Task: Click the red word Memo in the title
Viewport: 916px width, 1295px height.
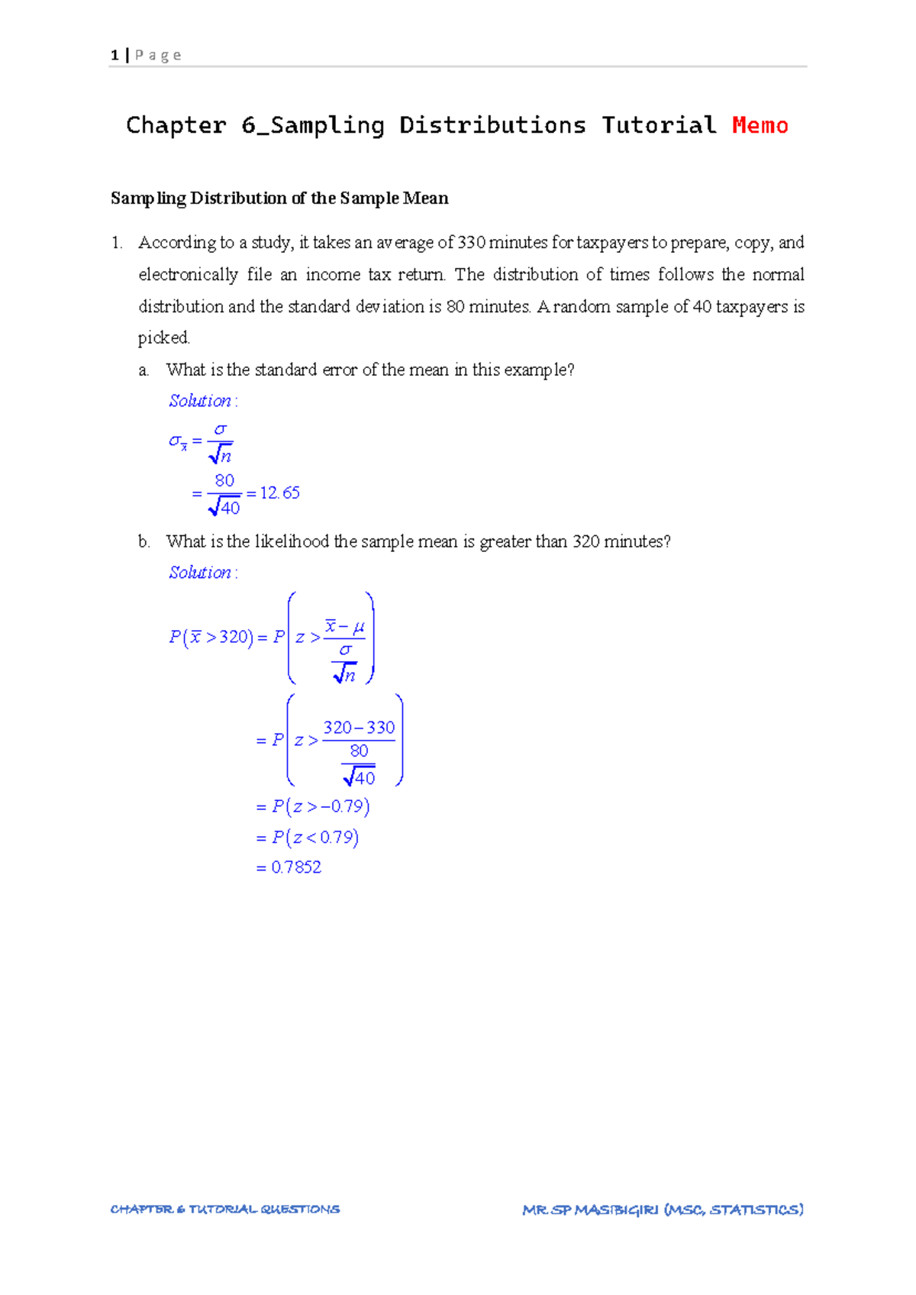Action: pyautogui.click(x=760, y=125)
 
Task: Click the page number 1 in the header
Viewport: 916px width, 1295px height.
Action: pyautogui.click(x=114, y=55)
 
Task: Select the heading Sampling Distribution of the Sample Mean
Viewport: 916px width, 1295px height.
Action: pyautogui.click(x=279, y=199)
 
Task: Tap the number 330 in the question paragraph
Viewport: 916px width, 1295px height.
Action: pyautogui.click(x=471, y=243)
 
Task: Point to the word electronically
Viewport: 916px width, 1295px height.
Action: pyautogui.click(x=188, y=275)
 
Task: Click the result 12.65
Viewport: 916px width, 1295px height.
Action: pyautogui.click(x=280, y=493)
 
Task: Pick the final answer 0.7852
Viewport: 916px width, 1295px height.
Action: pyautogui.click(x=296, y=867)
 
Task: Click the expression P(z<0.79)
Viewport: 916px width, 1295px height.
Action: pyautogui.click(x=315, y=838)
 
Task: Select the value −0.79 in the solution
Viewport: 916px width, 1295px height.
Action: pyautogui.click(x=343, y=807)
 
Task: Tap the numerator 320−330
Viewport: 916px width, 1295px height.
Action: pyautogui.click(x=359, y=728)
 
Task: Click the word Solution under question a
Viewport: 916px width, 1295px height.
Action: pyautogui.click(x=200, y=401)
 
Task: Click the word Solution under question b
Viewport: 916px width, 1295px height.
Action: pyautogui.click(x=200, y=573)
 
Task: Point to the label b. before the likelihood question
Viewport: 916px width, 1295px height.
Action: pyautogui.click(x=144, y=542)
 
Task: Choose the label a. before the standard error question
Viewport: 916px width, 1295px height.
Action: pyautogui.click(x=144, y=370)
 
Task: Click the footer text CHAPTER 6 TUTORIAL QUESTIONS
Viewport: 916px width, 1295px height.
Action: pyautogui.click(x=225, y=1209)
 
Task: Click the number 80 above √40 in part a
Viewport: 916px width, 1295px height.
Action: pyautogui.click(x=224, y=481)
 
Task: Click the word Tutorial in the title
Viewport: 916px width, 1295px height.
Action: pyautogui.click(x=659, y=125)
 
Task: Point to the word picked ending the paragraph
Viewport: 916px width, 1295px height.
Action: pyautogui.click(x=163, y=338)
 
